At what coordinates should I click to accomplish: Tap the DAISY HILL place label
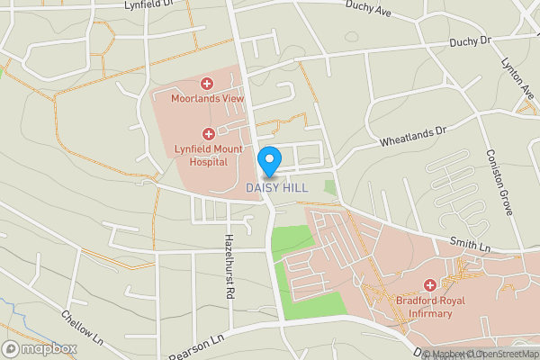277,188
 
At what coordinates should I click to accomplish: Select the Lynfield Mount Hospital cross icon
208,133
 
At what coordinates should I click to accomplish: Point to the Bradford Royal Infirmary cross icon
430,284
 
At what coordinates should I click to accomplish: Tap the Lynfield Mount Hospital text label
208,155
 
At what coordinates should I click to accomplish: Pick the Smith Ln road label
472,244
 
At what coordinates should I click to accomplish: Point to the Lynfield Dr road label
148,4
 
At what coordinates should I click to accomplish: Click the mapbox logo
40,348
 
